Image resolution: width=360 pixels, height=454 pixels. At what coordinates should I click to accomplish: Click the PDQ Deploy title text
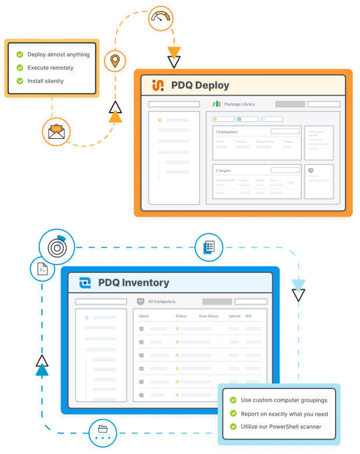[x=200, y=85]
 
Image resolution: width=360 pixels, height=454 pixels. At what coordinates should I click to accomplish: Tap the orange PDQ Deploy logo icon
[x=158, y=85]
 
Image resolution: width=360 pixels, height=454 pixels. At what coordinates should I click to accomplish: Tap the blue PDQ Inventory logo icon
[x=85, y=283]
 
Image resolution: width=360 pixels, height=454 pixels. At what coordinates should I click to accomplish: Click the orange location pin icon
[x=116, y=60]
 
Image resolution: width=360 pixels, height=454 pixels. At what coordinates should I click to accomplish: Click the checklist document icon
[x=209, y=247]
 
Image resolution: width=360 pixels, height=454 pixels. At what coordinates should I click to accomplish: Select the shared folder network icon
[x=103, y=431]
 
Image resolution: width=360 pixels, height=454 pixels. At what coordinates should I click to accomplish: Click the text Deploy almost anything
[x=58, y=55]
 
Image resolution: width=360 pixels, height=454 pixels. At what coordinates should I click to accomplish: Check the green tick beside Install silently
[x=20, y=81]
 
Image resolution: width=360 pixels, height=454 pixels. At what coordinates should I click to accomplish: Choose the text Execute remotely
[x=50, y=68]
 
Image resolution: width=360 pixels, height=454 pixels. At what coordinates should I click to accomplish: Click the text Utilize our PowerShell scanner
[x=281, y=427]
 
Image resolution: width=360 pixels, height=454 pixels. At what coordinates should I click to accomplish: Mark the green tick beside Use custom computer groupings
[x=233, y=400]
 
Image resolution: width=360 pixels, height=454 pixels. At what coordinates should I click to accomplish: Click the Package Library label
[x=239, y=105]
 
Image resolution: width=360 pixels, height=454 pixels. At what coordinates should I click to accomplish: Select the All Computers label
[x=161, y=302]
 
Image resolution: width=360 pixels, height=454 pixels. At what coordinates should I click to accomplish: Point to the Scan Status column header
[x=208, y=316]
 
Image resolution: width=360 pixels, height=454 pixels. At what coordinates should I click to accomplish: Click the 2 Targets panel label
[x=224, y=171]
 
